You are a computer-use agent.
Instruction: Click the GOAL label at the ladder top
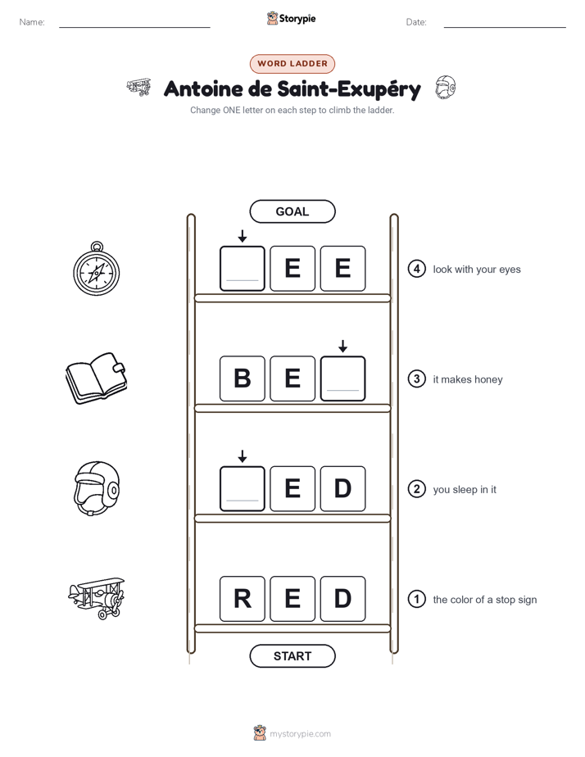click(x=292, y=211)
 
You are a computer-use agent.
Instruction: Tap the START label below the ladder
click(x=292, y=656)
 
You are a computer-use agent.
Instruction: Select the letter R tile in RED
click(x=243, y=599)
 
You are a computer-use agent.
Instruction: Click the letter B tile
click(x=243, y=378)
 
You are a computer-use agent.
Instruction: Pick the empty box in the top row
click(x=243, y=269)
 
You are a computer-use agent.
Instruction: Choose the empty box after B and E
click(x=342, y=378)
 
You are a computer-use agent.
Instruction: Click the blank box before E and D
click(x=243, y=488)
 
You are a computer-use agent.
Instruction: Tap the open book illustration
click(x=96, y=378)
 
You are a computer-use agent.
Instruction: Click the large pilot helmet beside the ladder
click(x=97, y=488)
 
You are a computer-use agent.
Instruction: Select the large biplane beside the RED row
click(x=97, y=598)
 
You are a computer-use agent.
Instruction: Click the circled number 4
click(x=416, y=269)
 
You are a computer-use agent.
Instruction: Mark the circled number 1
click(x=416, y=599)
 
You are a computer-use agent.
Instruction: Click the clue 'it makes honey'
click(x=468, y=379)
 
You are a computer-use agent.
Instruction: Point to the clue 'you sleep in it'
click(x=465, y=490)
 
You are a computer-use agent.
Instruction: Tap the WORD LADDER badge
click(x=292, y=63)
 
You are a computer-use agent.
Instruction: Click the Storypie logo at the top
click(x=291, y=18)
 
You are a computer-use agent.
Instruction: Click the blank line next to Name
click(x=134, y=27)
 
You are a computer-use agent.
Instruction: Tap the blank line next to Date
click(x=505, y=27)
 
